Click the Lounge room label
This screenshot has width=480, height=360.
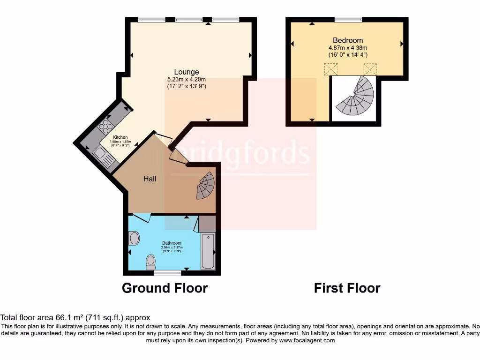(187, 72)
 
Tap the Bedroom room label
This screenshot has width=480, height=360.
(348, 40)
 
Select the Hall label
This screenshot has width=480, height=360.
(150, 179)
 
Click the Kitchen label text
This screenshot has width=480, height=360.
(120, 137)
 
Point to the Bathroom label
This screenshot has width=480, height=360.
(172, 243)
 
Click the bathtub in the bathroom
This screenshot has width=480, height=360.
(208, 252)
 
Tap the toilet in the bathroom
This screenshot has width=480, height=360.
(150, 261)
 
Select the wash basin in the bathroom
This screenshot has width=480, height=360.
(134, 238)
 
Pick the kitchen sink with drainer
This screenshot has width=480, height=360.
(105, 157)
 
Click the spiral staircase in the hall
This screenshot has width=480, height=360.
(206, 186)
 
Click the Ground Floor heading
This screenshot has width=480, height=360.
(165, 288)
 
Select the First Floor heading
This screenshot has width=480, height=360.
(347, 288)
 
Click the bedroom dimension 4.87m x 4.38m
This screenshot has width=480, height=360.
(348, 47)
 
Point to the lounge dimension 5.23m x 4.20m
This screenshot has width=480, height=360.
(187, 79)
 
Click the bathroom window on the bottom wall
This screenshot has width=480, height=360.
(167, 272)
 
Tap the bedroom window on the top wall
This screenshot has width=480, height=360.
(348, 19)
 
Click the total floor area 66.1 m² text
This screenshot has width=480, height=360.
(75, 317)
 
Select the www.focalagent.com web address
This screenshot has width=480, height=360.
(307, 340)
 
